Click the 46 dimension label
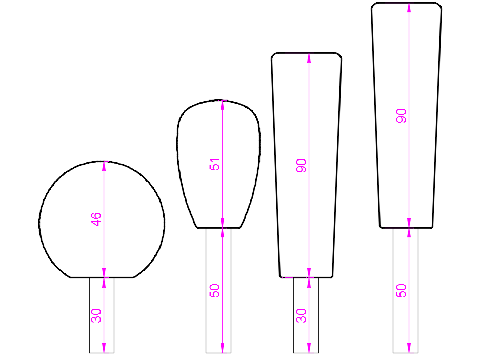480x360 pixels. click(x=96, y=219)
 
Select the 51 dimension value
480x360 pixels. click(x=214, y=165)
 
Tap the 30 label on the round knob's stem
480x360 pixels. click(x=96, y=315)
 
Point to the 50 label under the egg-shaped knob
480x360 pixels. click(x=214, y=291)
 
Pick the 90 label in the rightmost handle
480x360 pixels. click(x=402, y=116)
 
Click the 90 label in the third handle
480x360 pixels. click(x=302, y=166)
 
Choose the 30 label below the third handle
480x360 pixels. click(x=302, y=315)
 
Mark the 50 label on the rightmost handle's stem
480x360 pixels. click(x=402, y=291)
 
